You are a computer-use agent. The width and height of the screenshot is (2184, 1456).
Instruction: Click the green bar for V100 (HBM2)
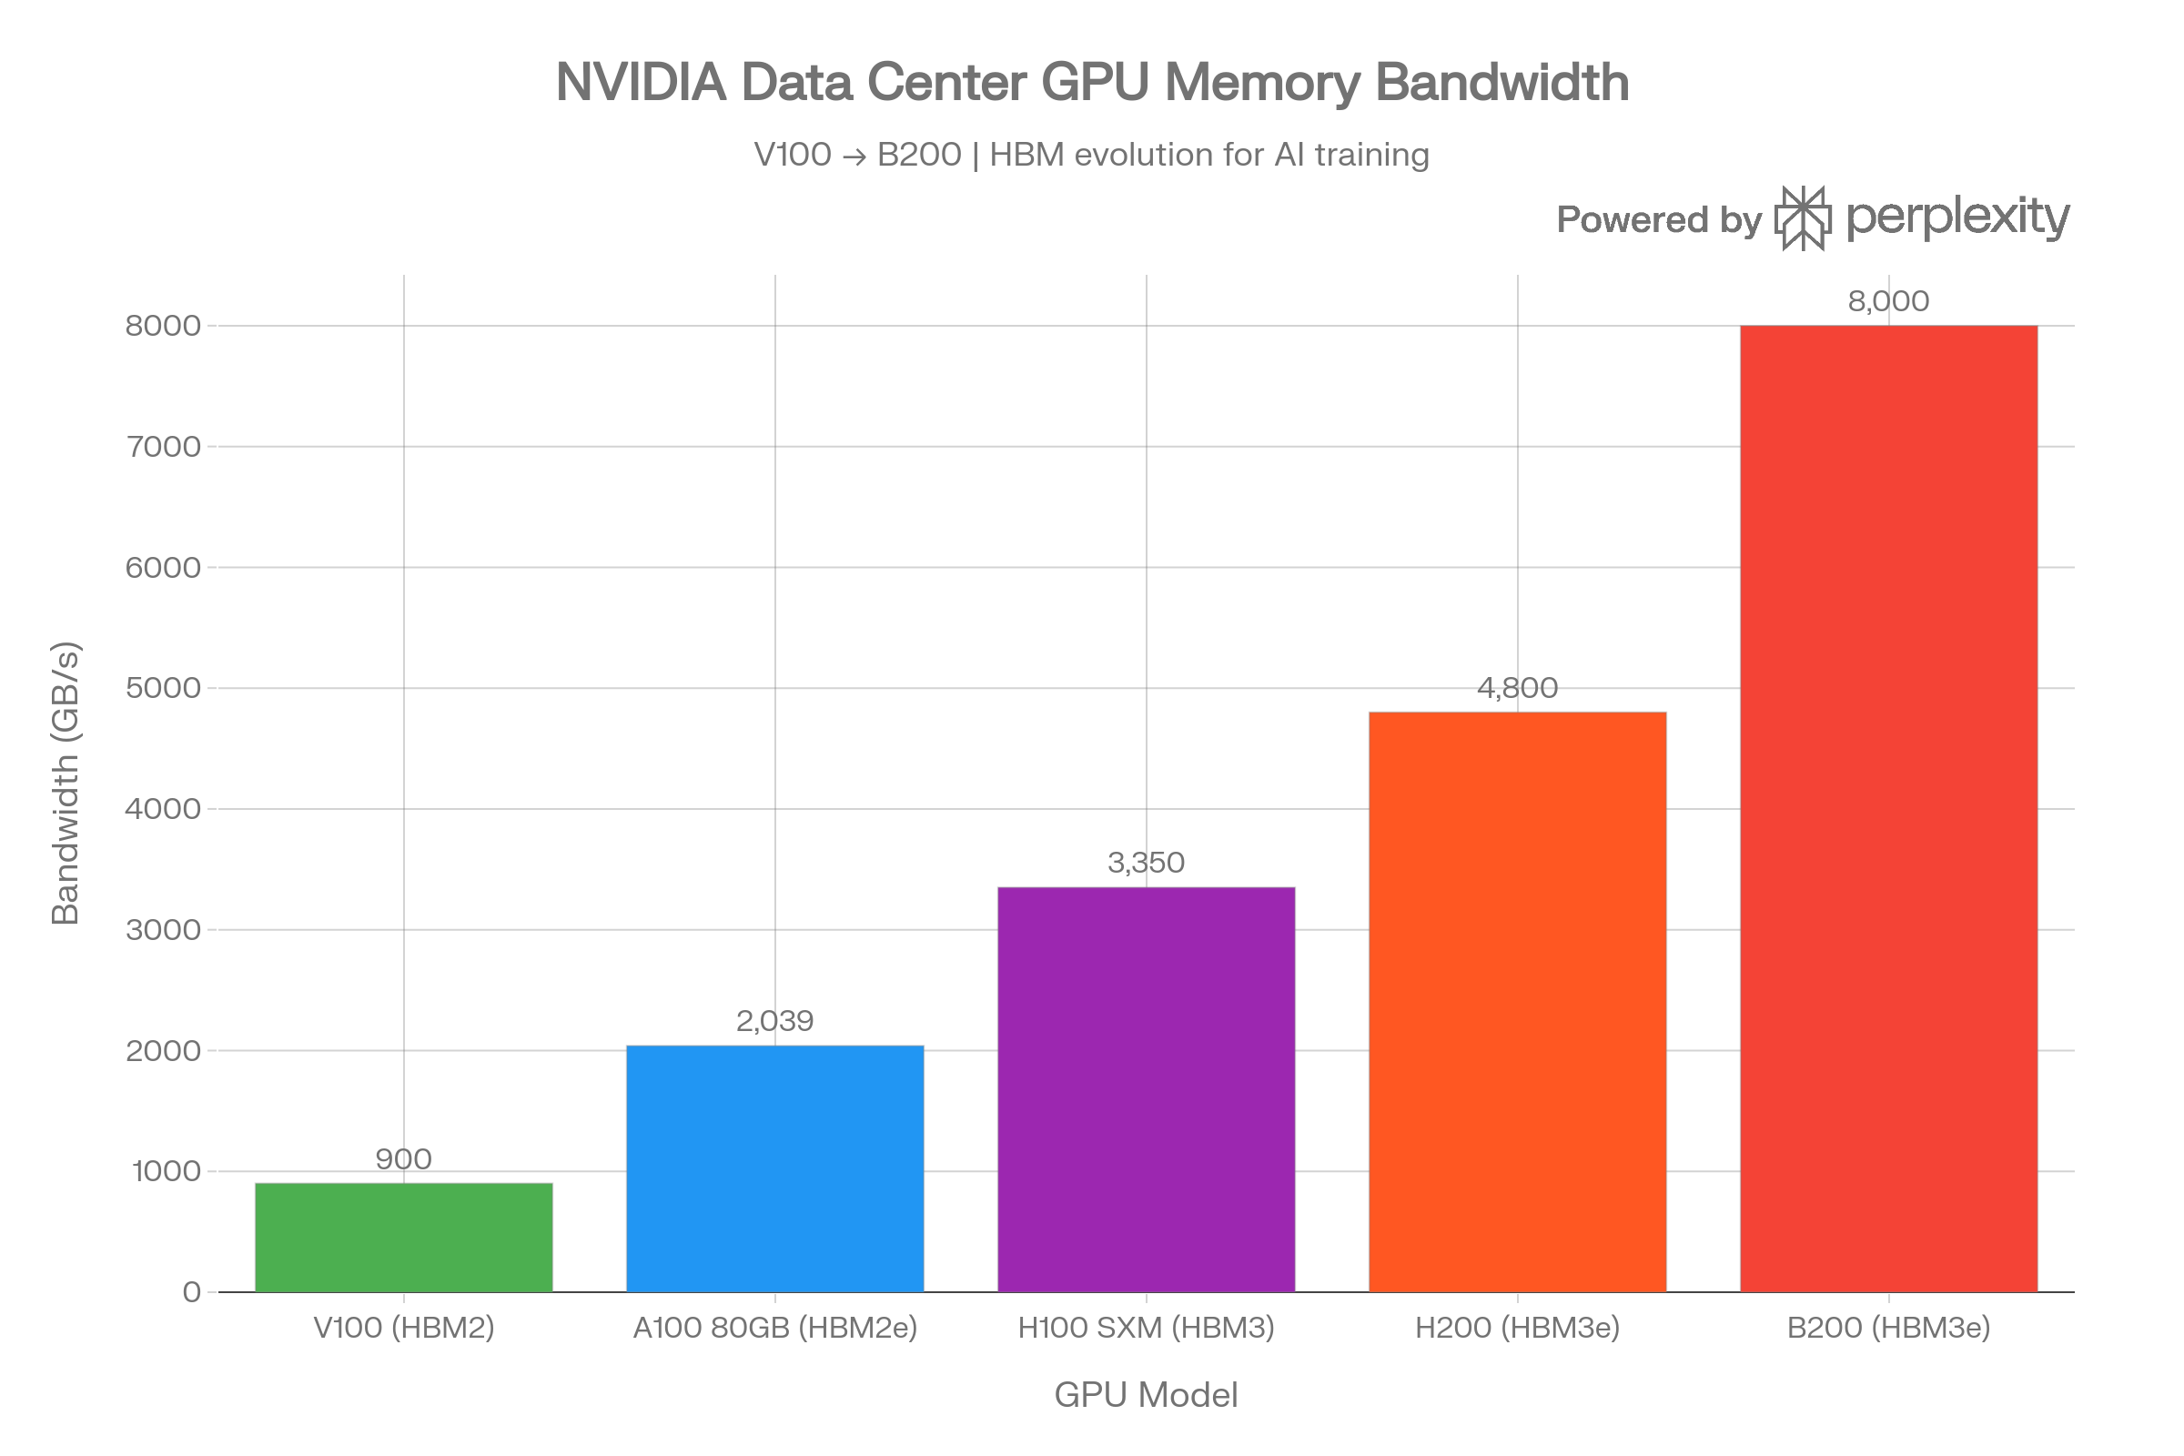404,1237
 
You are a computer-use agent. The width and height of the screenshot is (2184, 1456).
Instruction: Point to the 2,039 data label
774,1021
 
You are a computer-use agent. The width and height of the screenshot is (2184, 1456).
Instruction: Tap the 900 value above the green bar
403,1158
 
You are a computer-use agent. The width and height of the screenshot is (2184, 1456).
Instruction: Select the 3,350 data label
1146,863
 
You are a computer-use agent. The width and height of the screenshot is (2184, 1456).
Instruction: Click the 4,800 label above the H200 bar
1517,688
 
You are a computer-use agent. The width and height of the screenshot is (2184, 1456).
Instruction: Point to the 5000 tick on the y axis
164,688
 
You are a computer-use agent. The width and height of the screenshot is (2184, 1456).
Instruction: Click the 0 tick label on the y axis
191,1292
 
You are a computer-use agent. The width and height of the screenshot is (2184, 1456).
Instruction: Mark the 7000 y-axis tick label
164,447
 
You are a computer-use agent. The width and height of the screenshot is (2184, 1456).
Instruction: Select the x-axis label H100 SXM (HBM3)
1146,1328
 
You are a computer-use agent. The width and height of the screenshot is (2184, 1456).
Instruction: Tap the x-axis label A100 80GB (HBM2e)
774,1328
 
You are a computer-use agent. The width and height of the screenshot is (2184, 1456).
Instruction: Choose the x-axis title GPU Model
1146,1395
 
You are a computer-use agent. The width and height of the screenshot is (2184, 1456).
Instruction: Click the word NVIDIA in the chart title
641,82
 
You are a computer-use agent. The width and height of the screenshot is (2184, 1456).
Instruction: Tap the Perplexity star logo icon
1803,218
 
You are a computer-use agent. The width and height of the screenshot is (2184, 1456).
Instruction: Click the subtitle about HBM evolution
1091,154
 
